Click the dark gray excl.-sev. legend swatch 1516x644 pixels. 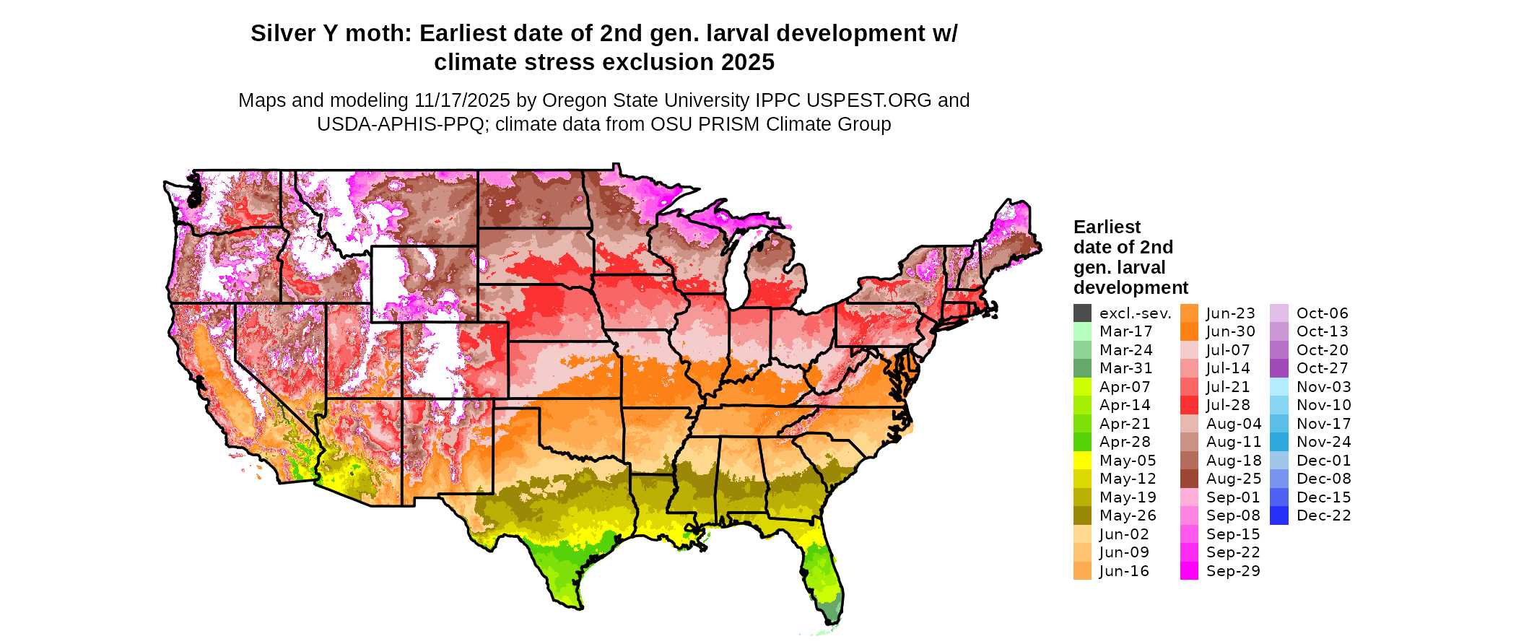pyautogui.click(x=1082, y=313)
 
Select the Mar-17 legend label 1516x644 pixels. pyautogui.click(x=1125, y=331)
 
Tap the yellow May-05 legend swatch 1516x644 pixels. pyautogui.click(x=1082, y=461)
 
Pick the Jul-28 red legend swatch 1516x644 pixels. pyautogui.click(x=1189, y=405)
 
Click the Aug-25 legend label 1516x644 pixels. pyautogui.click(x=1234, y=479)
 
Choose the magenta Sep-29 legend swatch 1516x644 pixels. pyautogui.click(x=1189, y=571)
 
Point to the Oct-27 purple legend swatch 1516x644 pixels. pyautogui.click(x=1278, y=368)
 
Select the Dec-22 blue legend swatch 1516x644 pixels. pyautogui.click(x=1278, y=515)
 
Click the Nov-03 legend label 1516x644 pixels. pyautogui.click(x=1323, y=387)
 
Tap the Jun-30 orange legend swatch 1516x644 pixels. pyautogui.click(x=1189, y=331)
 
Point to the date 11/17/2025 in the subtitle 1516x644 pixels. pyautogui.click(x=462, y=100)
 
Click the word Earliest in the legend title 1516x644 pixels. pyautogui.click(x=1107, y=227)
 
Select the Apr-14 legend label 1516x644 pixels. pyautogui.click(x=1125, y=405)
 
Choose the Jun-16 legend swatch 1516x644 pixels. pyautogui.click(x=1082, y=571)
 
